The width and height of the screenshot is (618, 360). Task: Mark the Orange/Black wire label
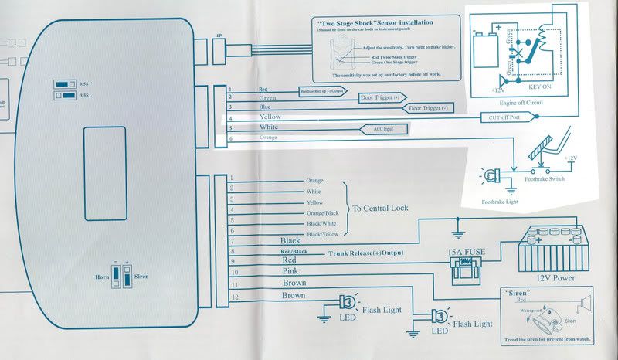pyautogui.click(x=322, y=212)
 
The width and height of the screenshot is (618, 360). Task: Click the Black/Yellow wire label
pyautogui.click(x=322, y=233)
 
